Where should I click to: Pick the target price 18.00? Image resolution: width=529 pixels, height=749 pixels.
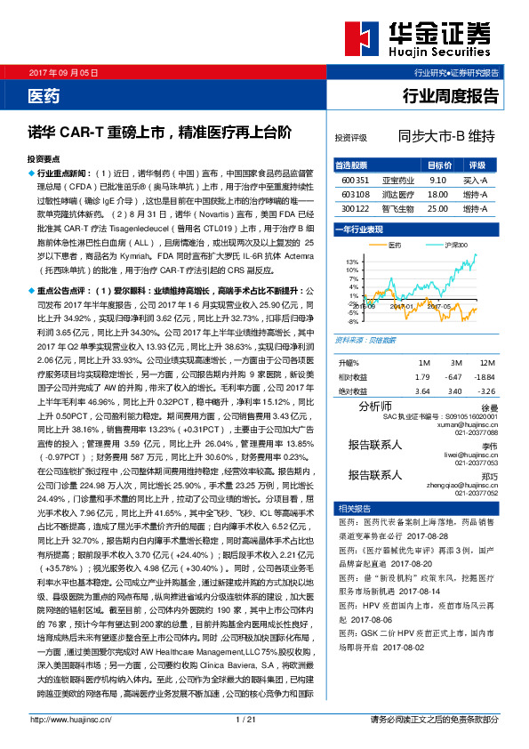click(x=437, y=194)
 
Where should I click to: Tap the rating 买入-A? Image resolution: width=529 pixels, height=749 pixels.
click(x=476, y=180)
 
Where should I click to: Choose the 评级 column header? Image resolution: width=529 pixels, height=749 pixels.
click(x=477, y=165)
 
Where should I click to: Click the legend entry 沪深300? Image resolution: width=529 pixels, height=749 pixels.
click(x=456, y=243)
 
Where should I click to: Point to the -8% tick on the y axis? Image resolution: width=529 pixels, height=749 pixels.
click(x=353, y=321)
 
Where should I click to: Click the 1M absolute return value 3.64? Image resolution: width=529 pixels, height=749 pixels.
click(x=422, y=391)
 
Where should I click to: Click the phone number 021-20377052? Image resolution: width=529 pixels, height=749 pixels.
click(x=477, y=492)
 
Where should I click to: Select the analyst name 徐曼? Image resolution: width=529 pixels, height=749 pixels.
click(x=490, y=407)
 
